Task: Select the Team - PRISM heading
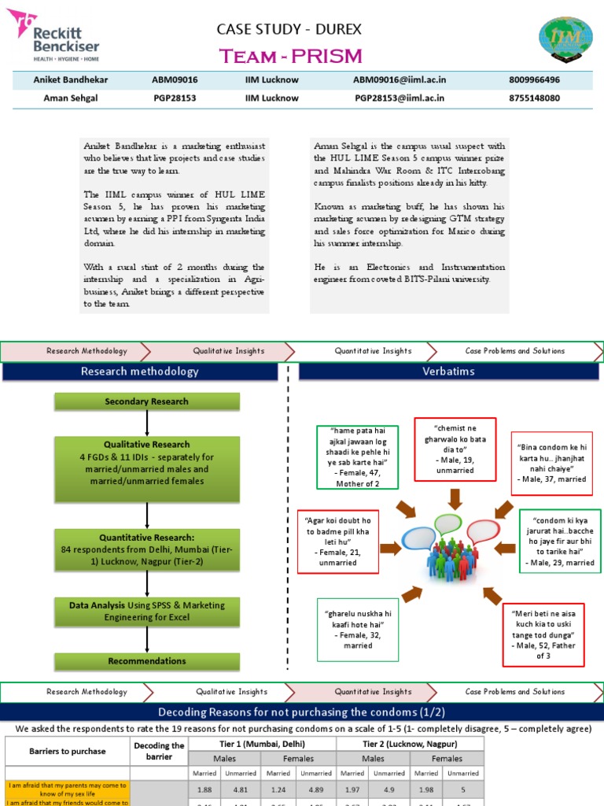pyautogui.click(x=290, y=56)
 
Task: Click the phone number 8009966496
pyautogui.click(x=535, y=80)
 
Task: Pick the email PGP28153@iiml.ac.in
pyautogui.click(x=400, y=98)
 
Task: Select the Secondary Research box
pyautogui.click(x=147, y=401)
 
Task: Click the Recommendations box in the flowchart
pyautogui.click(x=147, y=661)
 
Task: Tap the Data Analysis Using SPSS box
pyautogui.click(x=147, y=612)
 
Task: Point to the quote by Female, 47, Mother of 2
pyautogui.click(x=357, y=457)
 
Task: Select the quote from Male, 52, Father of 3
pyautogui.click(x=543, y=634)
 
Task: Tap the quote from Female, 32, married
pyautogui.click(x=359, y=629)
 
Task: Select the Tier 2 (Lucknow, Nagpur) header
pyautogui.click(x=410, y=744)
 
